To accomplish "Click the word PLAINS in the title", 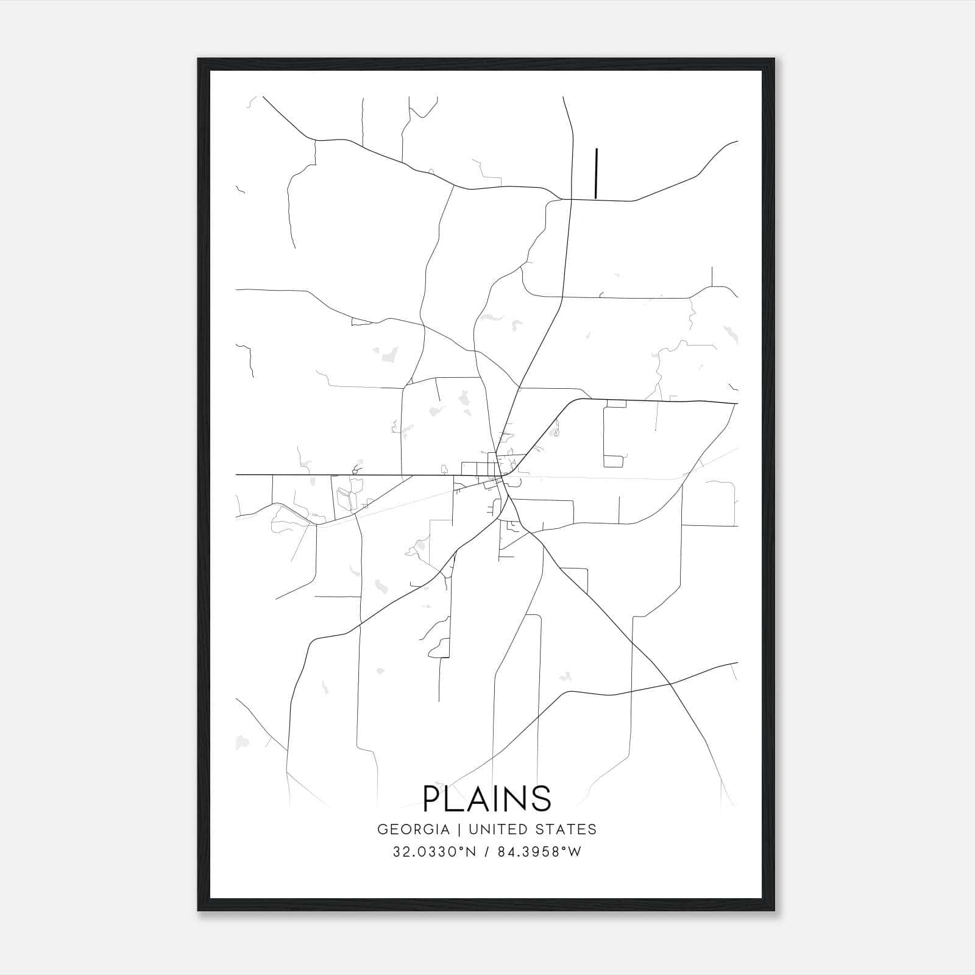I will pos(487,798).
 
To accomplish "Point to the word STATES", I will pos(566,829).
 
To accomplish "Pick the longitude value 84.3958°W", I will pos(539,852).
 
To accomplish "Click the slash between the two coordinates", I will pos(486,852).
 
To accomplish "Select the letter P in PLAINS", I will pos(433,798).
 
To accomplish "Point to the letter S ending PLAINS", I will pos(541,798).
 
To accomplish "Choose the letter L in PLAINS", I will pos(457,798).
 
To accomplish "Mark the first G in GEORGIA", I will pos(383,829).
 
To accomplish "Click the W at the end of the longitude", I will pos(574,852).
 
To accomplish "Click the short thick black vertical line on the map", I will pos(596,173).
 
